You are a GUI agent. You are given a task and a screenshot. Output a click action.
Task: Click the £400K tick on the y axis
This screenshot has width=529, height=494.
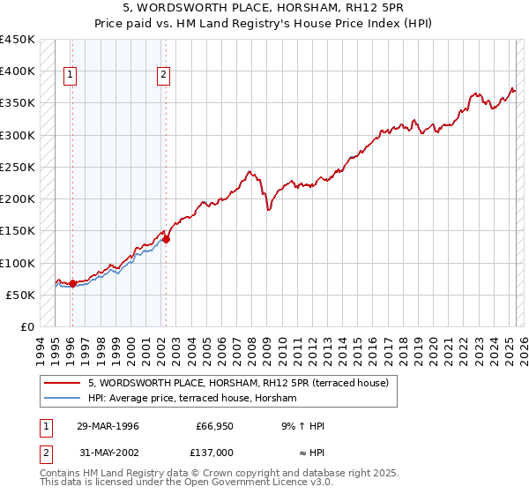18,71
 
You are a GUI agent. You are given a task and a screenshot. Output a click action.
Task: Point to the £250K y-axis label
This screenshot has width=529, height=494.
18,167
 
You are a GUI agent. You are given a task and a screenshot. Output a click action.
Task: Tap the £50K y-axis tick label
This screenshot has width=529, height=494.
21,295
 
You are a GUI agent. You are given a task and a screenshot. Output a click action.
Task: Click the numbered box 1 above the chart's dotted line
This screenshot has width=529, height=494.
70,76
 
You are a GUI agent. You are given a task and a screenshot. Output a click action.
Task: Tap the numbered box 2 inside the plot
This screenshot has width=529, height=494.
164,76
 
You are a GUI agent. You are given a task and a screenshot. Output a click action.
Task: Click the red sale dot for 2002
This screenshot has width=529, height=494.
166,239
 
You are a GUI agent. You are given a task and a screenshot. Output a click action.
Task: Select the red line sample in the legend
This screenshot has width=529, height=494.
63,383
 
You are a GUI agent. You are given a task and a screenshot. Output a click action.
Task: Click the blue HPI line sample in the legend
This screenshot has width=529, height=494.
63,399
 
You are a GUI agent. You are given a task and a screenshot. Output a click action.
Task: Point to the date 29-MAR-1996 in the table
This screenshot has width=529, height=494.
107,426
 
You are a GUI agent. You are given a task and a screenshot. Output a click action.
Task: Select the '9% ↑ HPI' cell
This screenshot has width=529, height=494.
302,426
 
